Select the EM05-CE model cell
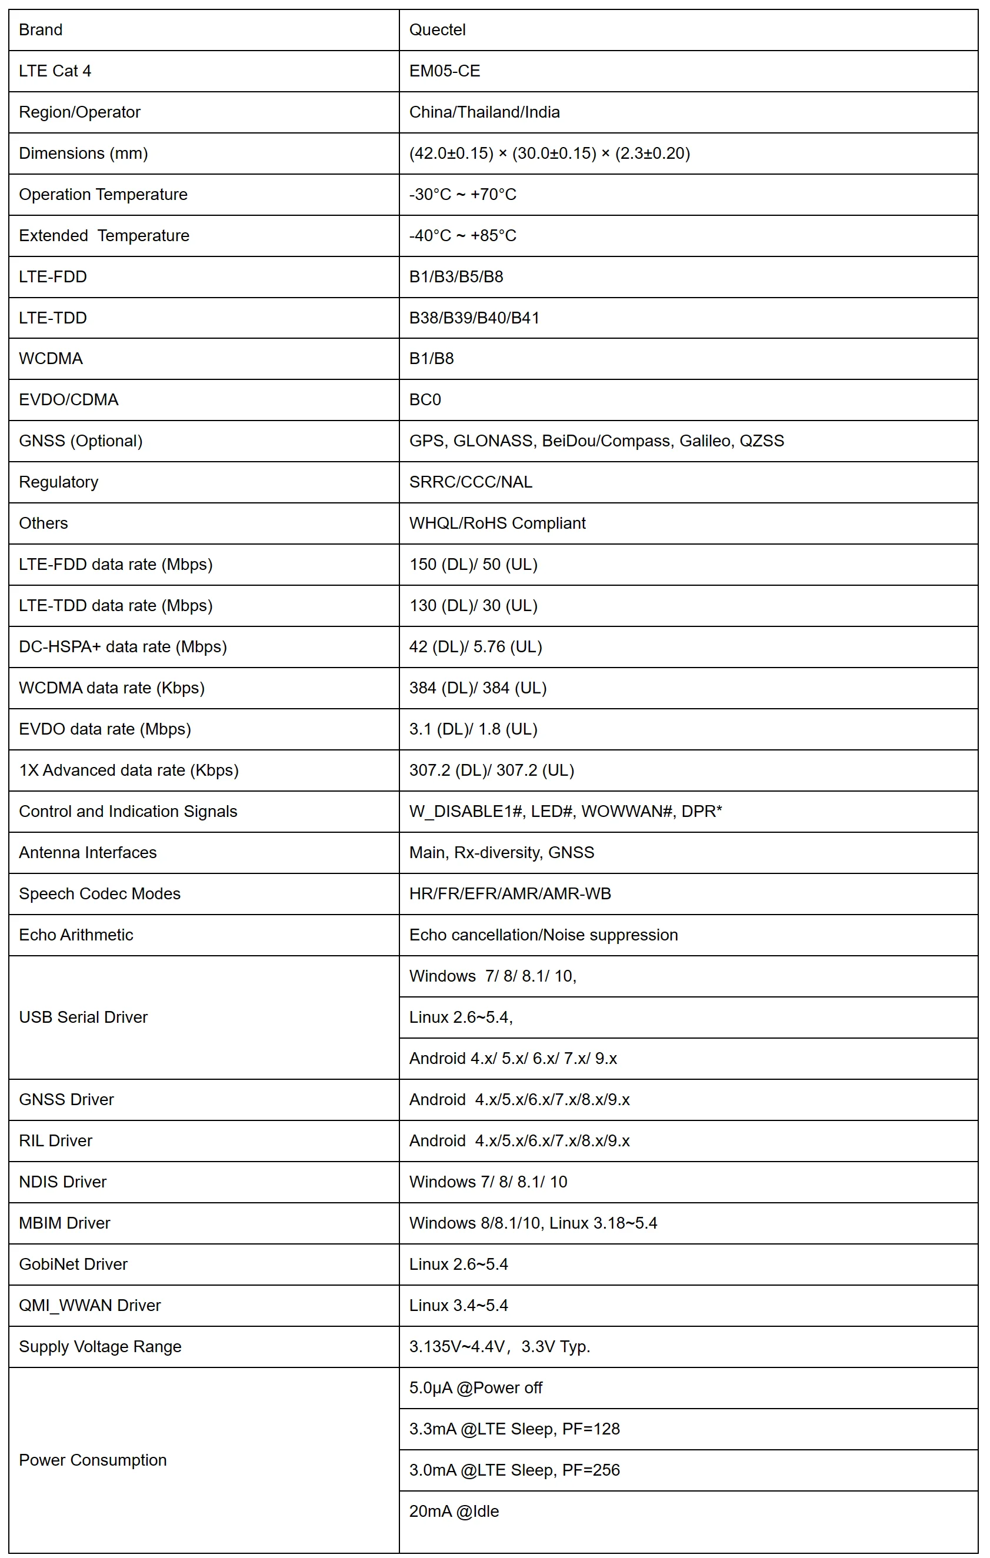[445, 71]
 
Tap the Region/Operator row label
[79, 112]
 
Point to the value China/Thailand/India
[484, 112]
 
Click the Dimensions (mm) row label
[84, 154]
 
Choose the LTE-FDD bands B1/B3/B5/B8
[456, 277]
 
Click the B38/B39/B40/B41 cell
[474, 318]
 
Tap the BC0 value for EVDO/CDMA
[425, 400]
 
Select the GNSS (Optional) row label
[81, 441]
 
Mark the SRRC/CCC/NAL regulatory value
[471, 482]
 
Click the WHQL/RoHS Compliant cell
[497, 523]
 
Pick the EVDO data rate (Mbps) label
[105, 729]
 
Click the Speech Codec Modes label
[99, 894]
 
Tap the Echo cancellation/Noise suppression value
[544, 935]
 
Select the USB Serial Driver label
[84, 1017]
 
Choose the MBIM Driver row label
[65, 1223]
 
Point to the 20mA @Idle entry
[454, 1512]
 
